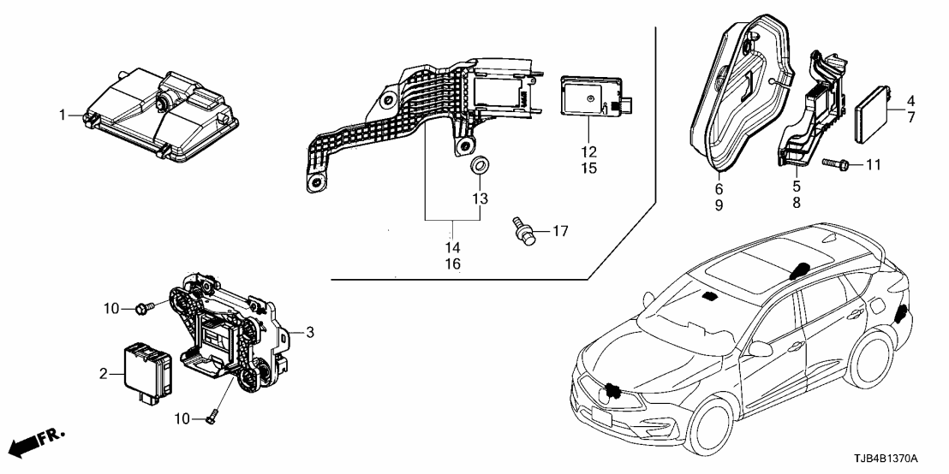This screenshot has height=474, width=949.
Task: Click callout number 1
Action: [62, 114]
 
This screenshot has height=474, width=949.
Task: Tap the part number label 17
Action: [559, 230]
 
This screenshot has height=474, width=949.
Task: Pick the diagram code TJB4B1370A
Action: [897, 459]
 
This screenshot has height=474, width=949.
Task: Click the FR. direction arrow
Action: [39, 441]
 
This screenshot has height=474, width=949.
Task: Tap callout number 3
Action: [310, 331]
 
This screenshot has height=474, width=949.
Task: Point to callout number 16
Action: [452, 264]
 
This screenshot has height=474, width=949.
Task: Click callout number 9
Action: [719, 206]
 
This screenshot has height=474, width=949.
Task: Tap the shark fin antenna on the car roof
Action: [799, 270]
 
